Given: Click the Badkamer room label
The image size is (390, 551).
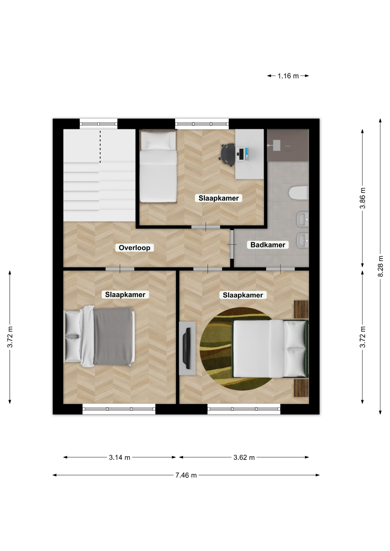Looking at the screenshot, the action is [268, 245].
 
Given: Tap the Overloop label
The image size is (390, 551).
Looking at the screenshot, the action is [134, 248].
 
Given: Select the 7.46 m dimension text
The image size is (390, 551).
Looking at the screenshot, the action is [186, 475].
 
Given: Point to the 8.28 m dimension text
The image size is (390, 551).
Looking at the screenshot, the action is [380, 266].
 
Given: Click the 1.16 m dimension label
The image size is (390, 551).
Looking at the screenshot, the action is [288, 76].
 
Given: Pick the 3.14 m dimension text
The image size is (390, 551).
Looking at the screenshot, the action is [119, 457].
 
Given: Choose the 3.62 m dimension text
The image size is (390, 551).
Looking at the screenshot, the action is [244, 457].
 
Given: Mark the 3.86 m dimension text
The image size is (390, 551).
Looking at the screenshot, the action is [363, 198].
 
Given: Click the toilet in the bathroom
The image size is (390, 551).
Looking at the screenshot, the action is [299, 193].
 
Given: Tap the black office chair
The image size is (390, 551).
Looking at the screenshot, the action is [227, 155].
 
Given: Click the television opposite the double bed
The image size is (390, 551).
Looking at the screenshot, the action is [188, 348].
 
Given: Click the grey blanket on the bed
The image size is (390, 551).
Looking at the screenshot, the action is [113, 336].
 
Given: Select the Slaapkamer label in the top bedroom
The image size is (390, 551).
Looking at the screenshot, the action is [219, 198].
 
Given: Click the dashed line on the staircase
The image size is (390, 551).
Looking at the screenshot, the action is [100, 146].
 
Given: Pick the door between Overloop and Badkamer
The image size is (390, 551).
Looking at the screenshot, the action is [232, 244].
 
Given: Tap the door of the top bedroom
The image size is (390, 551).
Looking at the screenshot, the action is [206, 227].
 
